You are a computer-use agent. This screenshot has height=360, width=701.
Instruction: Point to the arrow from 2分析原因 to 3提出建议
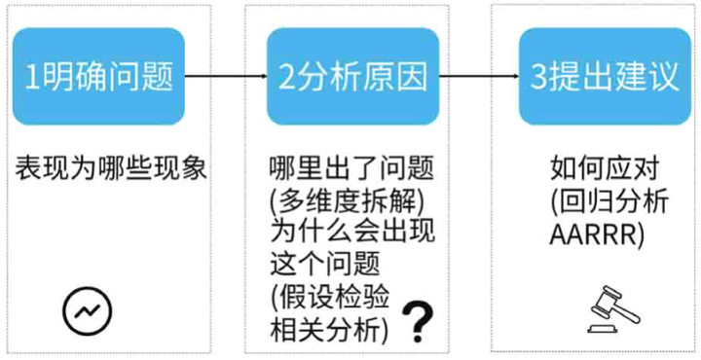(x=477, y=76)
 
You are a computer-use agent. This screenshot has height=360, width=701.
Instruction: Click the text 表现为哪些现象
(x=111, y=167)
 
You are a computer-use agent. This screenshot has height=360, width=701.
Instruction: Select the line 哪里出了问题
(x=337, y=168)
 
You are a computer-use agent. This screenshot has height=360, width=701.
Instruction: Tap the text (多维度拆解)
(x=336, y=201)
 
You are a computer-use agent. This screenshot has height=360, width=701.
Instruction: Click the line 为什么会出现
(x=337, y=234)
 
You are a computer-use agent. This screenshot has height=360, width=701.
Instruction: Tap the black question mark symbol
(x=418, y=320)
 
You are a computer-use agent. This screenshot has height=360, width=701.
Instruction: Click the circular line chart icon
(x=87, y=310)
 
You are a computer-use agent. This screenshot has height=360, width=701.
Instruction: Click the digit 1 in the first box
(x=32, y=77)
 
